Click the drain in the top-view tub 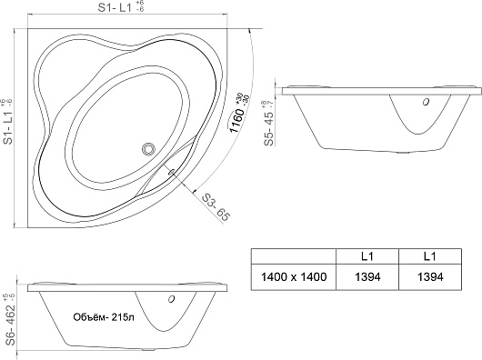148,149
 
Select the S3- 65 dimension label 216,207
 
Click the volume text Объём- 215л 104,317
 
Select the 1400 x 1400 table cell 294,277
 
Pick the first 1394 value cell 367,277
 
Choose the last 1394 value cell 430,277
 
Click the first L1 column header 367,256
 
